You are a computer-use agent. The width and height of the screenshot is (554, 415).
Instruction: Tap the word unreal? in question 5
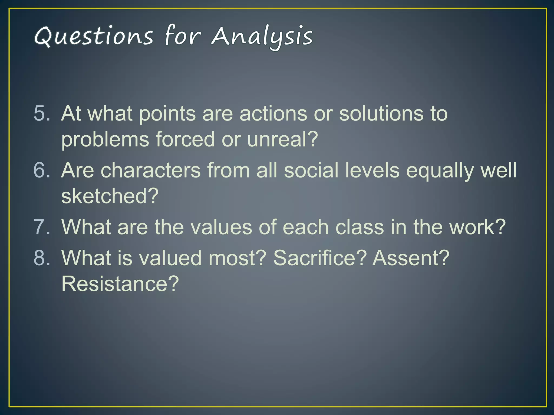coord(282,139)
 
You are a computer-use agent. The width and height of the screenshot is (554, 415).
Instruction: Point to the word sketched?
coord(110,196)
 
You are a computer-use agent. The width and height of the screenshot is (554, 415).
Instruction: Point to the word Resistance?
coord(120,284)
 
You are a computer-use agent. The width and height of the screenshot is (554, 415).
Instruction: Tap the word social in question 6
coord(311,170)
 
